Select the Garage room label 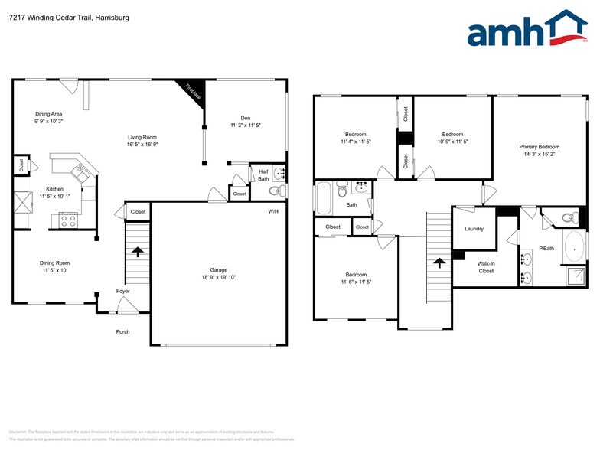tap(219, 269)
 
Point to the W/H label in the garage tap(273, 211)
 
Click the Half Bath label tap(263, 175)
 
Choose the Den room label tap(246, 117)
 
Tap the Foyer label tap(122, 292)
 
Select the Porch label tap(122, 331)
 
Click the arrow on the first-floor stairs tap(138, 251)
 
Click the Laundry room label tap(474, 229)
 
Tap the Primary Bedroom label tap(539, 147)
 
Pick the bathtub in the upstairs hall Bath tap(323, 197)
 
